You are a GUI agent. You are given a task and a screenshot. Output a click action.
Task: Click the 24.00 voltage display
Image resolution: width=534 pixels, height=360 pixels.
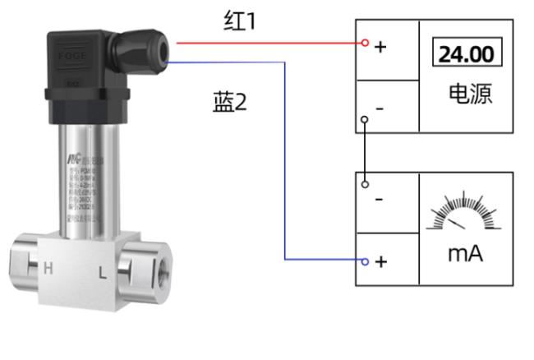click(x=467, y=54)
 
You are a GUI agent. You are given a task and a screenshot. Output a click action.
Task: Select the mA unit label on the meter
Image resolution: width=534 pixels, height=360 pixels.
click(x=465, y=254)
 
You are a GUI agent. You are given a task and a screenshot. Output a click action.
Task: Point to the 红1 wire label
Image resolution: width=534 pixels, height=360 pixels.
click(x=240, y=22)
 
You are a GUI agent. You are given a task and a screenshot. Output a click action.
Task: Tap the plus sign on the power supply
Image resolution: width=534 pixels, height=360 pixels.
click(x=380, y=47)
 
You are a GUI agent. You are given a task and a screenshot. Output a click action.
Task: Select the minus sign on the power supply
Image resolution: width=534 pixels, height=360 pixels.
click(x=379, y=108)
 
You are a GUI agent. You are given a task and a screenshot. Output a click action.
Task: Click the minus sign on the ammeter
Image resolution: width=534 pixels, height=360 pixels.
click(x=379, y=200)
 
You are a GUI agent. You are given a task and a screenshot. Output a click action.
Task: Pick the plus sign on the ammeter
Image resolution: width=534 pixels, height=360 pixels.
click(x=380, y=261)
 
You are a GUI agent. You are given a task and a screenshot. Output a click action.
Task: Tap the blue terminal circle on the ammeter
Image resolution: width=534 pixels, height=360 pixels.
click(x=364, y=261)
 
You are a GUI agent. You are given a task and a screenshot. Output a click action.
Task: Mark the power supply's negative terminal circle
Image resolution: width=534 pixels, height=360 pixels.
click(x=364, y=118)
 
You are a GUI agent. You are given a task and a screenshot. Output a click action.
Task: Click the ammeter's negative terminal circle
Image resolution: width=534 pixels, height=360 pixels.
click(x=364, y=184)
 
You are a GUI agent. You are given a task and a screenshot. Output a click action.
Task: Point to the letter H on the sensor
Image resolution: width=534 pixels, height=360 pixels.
click(x=48, y=267)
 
